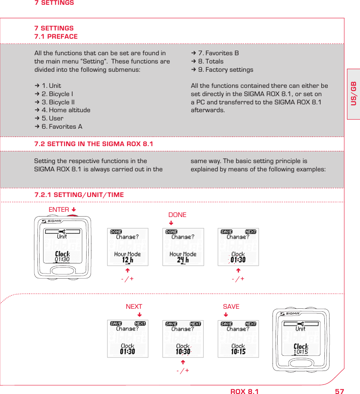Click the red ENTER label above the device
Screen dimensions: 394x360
pyautogui.click(x=59, y=210)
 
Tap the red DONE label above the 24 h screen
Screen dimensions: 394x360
pyautogui.click(x=177, y=215)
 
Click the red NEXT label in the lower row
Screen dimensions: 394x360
pyautogui.click(x=134, y=307)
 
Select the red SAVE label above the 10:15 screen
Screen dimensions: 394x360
pyautogui.click(x=231, y=307)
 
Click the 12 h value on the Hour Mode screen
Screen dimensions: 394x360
pyautogui.click(x=128, y=260)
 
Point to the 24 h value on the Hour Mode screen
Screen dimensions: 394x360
pyautogui.click(x=183, y=260)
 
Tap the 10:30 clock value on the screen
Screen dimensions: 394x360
pyautogui.click(x=183, y=351)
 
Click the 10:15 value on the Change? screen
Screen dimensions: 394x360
pyautogui.click(x=238, y=351)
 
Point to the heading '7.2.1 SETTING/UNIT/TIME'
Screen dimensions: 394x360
pyautogui.click(x=79, y=195)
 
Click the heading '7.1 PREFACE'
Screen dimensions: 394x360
pyautogui.click(x=56, y=37)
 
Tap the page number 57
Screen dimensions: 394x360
pyautogui.click(x=339, y=391)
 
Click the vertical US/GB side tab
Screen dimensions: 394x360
pyautogui.click(x=353, y=93)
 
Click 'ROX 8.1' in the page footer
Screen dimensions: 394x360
pyautogui.click(x=244, y=391)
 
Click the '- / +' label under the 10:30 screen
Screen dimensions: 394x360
pyautogui.click(x=182, y=371)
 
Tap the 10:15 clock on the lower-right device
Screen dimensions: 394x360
pyautogui.click(x=301, y=352)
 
